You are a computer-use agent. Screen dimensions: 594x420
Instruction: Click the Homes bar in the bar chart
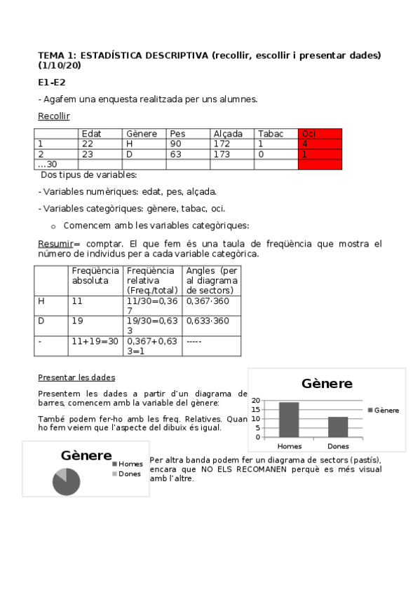point(289,419)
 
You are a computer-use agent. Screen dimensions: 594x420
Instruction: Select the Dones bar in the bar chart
point(338,426)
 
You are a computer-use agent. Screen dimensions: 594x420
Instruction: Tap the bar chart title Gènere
point(327,384)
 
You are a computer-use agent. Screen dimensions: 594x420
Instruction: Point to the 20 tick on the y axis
point(256,401)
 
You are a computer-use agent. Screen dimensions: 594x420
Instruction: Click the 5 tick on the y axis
point(257,428)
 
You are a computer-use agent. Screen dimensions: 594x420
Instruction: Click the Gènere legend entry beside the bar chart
point(383,410)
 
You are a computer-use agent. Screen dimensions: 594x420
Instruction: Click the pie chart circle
point(66,481)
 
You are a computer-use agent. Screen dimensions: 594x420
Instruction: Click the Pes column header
point(177,134)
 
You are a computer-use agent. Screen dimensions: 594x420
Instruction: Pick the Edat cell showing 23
point(87,154)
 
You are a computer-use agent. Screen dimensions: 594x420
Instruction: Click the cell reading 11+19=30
point(95,341)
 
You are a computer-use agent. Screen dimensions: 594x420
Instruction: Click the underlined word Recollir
point(54,116)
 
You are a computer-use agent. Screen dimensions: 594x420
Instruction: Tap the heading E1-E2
point(51,82)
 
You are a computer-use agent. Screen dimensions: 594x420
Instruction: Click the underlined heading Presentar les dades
point(76,377)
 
